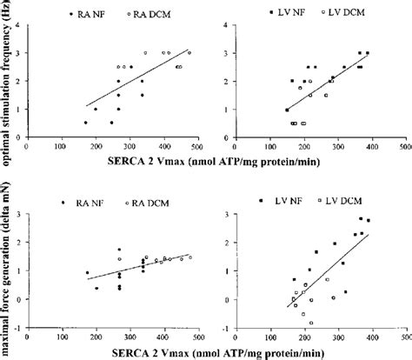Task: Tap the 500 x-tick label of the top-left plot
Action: (198, 146)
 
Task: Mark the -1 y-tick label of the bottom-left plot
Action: (17, 330)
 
